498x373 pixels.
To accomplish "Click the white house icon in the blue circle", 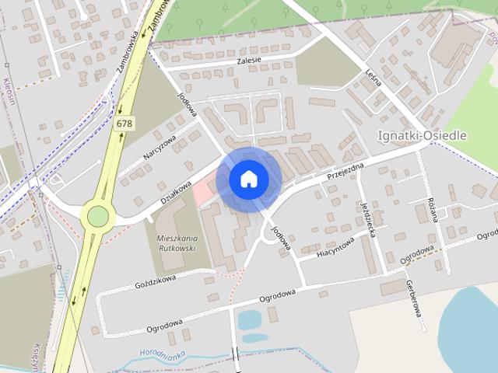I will click(249, 180).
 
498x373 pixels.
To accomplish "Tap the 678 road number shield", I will click(123, 124).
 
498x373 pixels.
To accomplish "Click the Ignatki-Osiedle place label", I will click(422, 135).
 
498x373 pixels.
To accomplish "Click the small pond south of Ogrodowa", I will click(250, 319).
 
